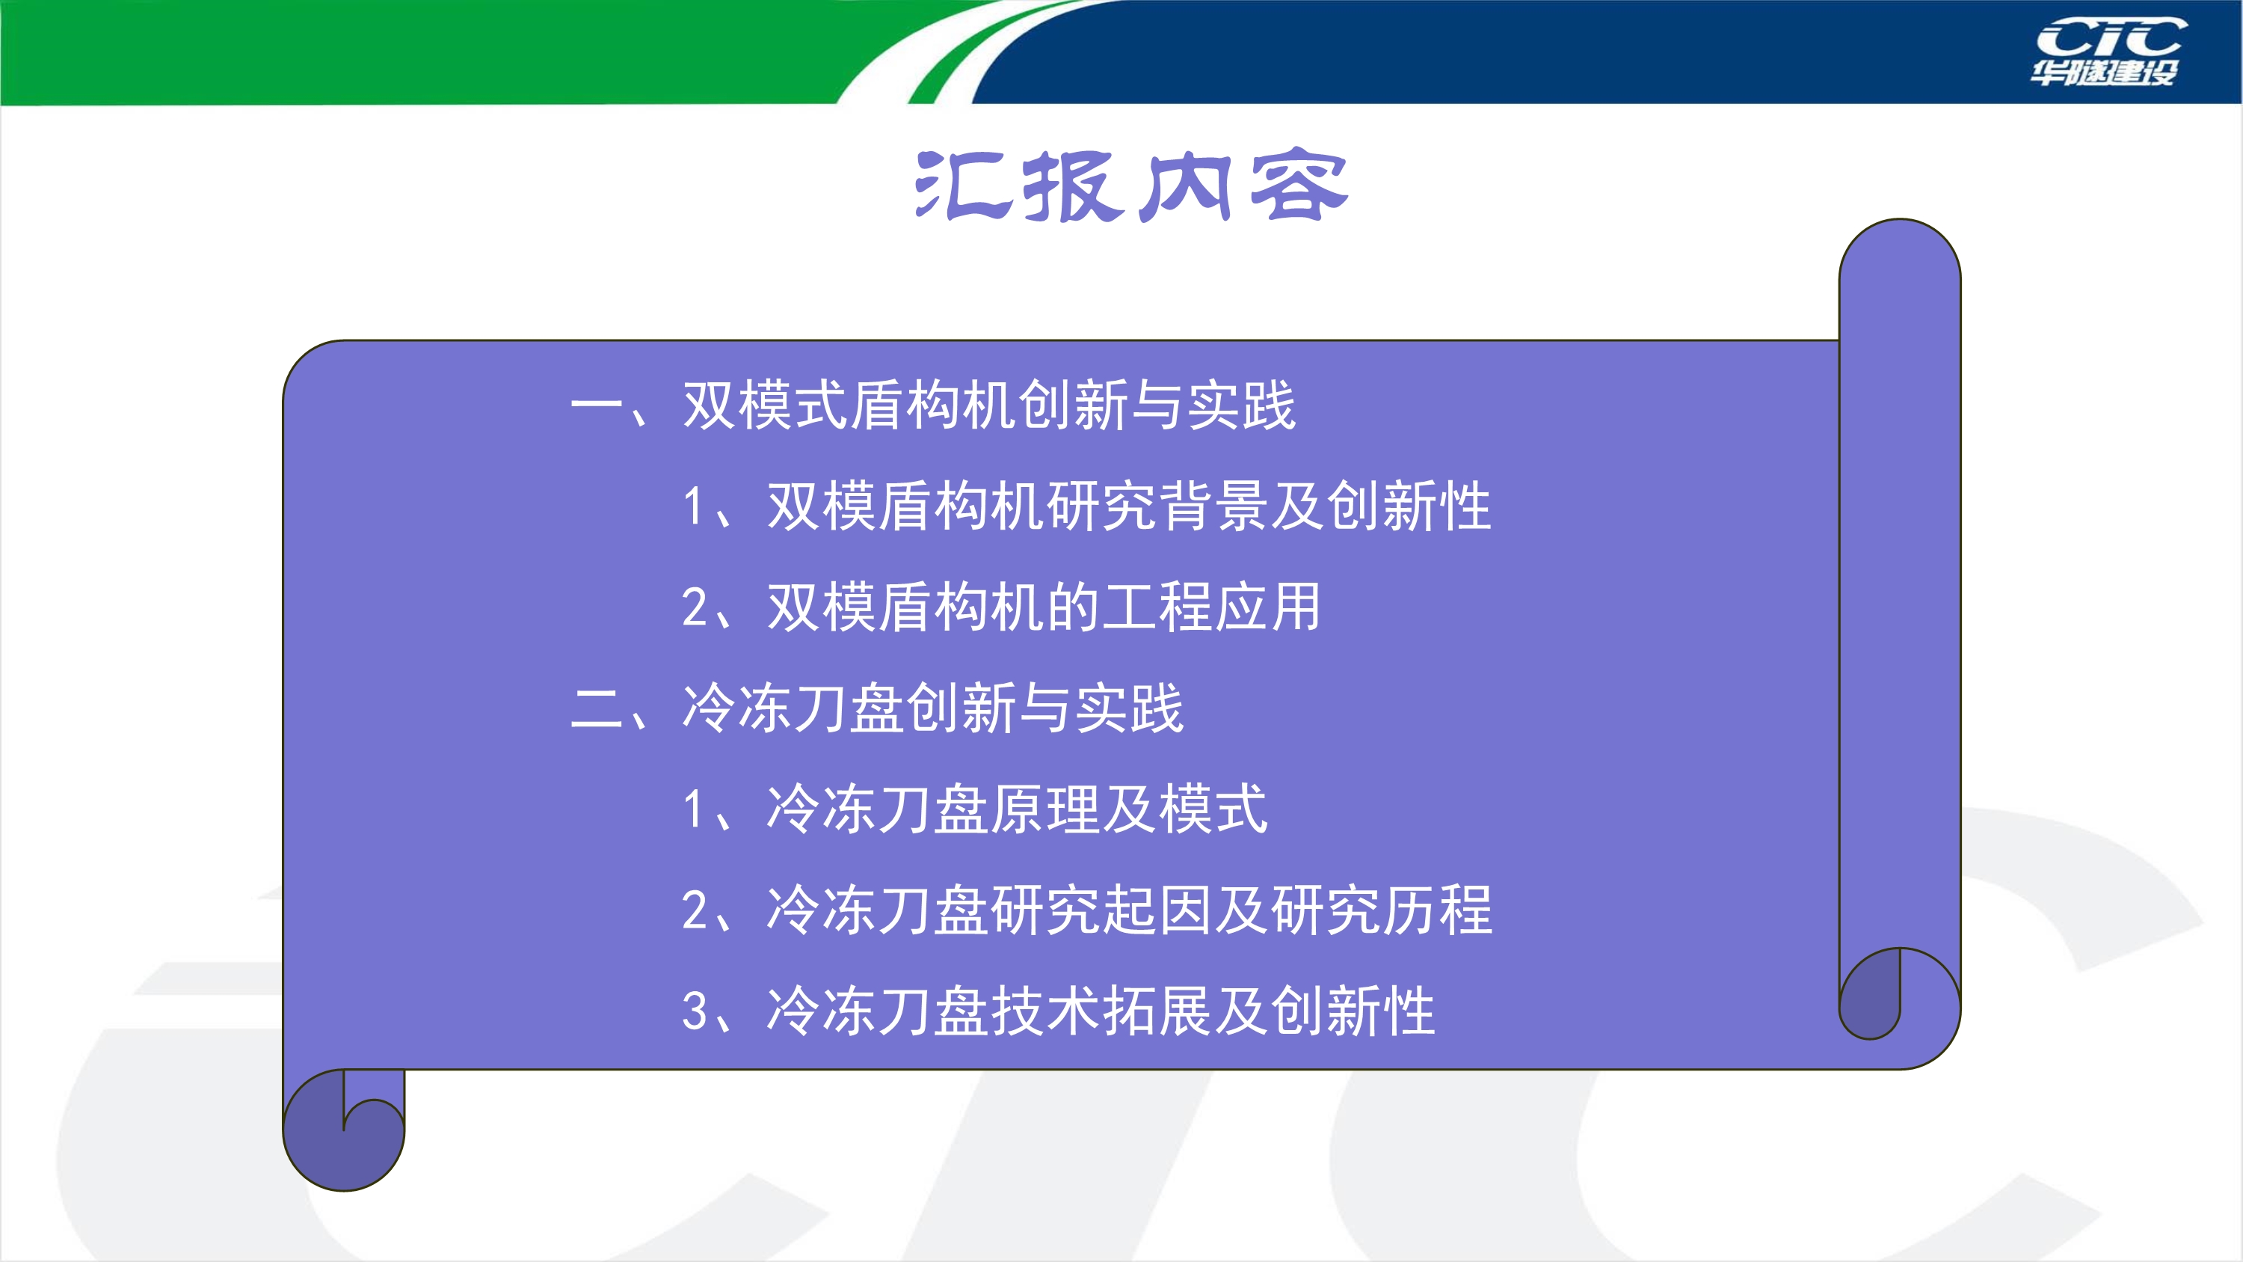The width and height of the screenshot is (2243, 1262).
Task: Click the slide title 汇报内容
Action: point(1132,186)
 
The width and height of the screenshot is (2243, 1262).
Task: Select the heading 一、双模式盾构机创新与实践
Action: point(933,406)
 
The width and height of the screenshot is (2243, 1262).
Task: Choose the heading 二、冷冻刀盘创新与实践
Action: point(877,708)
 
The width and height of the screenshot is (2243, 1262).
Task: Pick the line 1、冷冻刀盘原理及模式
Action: point(975,809)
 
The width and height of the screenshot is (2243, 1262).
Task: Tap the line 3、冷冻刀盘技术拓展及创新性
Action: point(1059,1011)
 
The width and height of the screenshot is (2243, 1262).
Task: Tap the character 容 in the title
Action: point(1299,185)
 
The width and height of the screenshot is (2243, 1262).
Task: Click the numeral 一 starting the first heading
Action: point(597,406)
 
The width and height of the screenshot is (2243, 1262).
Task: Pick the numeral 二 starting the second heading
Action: point(597,708)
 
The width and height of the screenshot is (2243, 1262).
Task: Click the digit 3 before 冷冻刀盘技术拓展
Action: point(695,1012)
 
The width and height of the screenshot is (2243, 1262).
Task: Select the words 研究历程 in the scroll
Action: point(1382,910)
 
